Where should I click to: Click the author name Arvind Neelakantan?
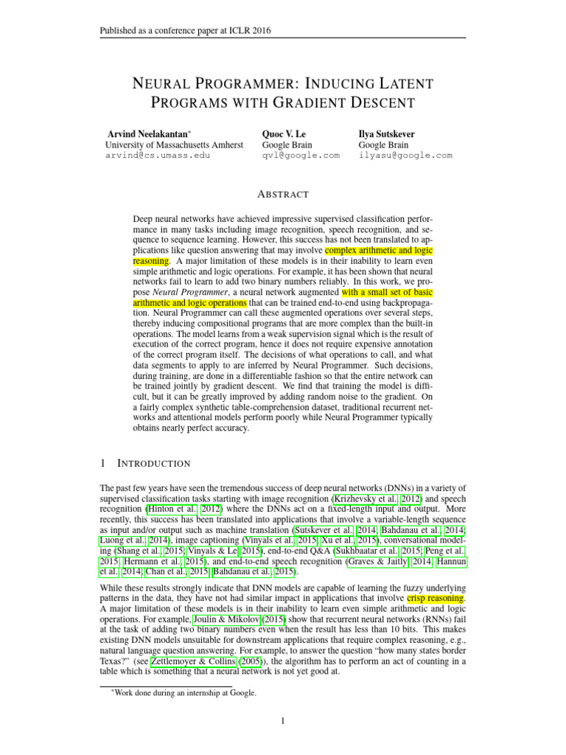[147, 135]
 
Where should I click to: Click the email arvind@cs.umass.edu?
[157, 156]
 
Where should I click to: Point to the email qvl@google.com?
[301, 156]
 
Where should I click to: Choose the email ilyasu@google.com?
[405, 156]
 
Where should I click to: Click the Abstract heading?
[282, 194]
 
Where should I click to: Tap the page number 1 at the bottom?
[283, 720]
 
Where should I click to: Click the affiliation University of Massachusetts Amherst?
[175, 145]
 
